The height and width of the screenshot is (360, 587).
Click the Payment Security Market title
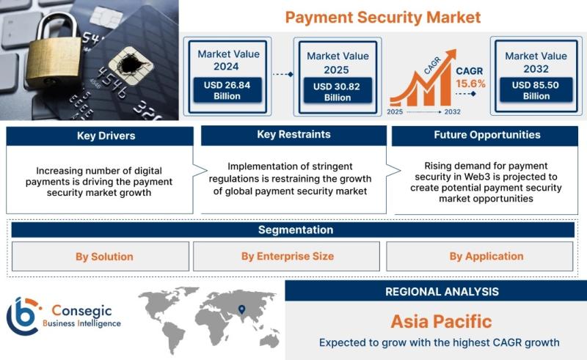382,17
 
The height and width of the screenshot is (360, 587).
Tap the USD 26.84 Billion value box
227,90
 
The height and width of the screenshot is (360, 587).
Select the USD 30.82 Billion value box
338,92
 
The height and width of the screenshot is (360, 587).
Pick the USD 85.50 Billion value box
536,90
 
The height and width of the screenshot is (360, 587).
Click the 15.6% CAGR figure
470,84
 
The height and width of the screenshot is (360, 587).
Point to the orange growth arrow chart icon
423,78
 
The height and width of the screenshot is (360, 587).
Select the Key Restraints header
293,135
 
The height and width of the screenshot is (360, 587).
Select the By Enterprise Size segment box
286,257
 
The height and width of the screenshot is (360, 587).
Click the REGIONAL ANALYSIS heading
442,292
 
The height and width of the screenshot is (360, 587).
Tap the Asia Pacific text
442,321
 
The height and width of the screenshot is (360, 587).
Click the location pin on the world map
242,309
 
